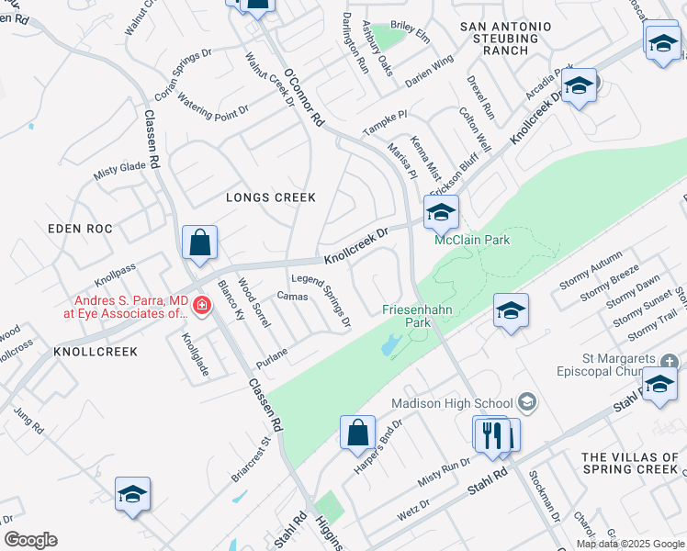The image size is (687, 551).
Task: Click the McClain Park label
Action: click(x=472, y=241)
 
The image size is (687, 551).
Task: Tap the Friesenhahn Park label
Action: click(x=418, y=317)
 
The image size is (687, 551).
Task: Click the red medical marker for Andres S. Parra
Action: click(x=199, y=301)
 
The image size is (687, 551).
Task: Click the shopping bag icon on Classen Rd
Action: click(x=199, y=243)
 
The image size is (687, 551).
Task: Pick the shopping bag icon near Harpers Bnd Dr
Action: click(x=357, y=433)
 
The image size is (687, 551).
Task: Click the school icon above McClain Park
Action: click(x=441, y=212)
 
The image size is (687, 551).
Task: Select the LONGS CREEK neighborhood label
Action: click(x=271, y=197)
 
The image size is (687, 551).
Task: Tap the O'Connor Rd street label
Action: click(x=304, y=98)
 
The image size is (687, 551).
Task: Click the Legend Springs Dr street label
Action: click(x=321, y=300)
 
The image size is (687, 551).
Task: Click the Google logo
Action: click(x=30, y=540)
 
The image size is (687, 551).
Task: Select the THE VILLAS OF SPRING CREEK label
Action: click(x=634, y=463)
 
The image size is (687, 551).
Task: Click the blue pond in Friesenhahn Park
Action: click(x=389, y=345)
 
